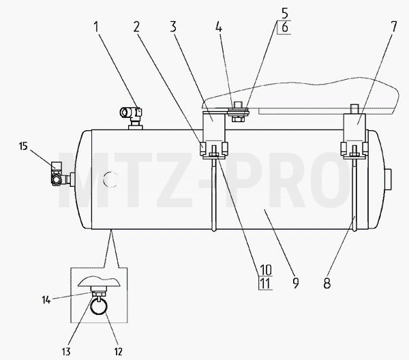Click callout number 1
pyautogui.click(x=96, y=27)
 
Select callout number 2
pyautogui.click(x=136, y=27)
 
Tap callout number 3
pyautogui.click(x=173, y=27)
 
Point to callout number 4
pyautogui.click(x=219, y=27)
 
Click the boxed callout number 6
pyautogui.click(x=285, y=27)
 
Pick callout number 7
pyautogui.click(x=393, y=27)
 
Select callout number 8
pyautogui.click(x=327, y=284)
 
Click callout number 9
pyautogui.click(x=295, y=284)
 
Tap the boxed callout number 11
pyautogui.click(x=265, y=284)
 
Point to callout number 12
pyautogui.click(x=118, y=352)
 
